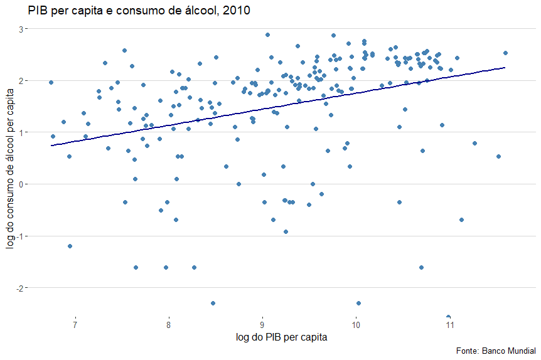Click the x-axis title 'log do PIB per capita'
282,337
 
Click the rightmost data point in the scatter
505,53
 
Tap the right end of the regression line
505,67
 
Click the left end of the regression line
51,146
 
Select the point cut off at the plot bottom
448,317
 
